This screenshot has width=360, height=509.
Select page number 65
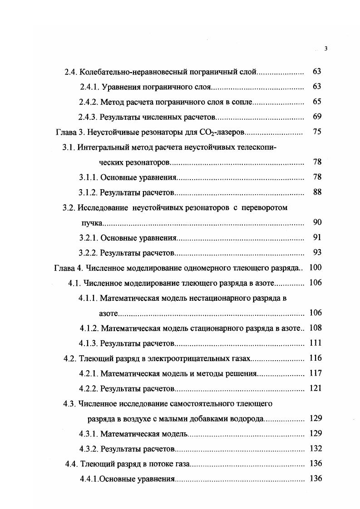[x=317, y=102]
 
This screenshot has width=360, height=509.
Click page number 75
[x=317, y=132]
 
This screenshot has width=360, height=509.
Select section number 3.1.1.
[x=88, y=177]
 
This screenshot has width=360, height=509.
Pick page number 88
[x=317, y=192]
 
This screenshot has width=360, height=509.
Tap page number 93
[x=317, y=252]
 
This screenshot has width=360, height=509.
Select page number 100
[x=315, y=268]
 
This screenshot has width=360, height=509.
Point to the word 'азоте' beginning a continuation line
[x=109, y=313]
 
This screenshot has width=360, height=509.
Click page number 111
[x=315, y=343]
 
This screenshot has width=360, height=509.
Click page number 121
[x=315, y=388]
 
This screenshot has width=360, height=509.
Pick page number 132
[x=315, y=448]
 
